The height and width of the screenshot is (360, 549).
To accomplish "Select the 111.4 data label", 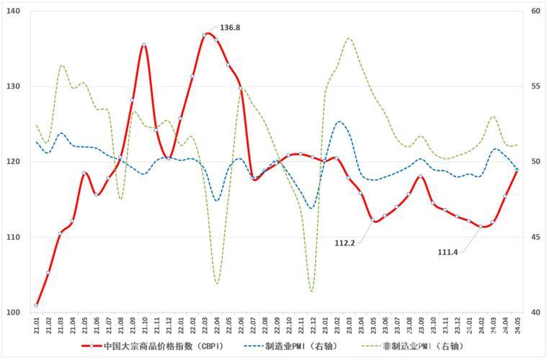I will [x=449, y=252].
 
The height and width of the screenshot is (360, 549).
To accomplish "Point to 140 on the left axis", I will [x=14, y=12].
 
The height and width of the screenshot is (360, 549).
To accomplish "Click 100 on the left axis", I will [x=14, y=312].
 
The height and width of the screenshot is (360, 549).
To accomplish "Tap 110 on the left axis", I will [x=14, y=237].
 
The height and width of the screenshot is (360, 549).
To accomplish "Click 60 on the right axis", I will [x=535, y=12].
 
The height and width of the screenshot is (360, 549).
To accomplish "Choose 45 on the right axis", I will [x=535, y=237].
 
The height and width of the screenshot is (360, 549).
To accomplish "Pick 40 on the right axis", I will [x=535, y=312].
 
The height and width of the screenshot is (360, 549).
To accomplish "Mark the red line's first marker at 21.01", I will [x=36, y=305].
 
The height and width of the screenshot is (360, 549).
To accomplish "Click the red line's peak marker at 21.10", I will [x=144, y=45].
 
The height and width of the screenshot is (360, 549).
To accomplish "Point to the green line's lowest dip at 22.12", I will [x=312, y=291].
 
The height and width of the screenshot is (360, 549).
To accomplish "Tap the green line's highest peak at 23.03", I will [x=349, y=38].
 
